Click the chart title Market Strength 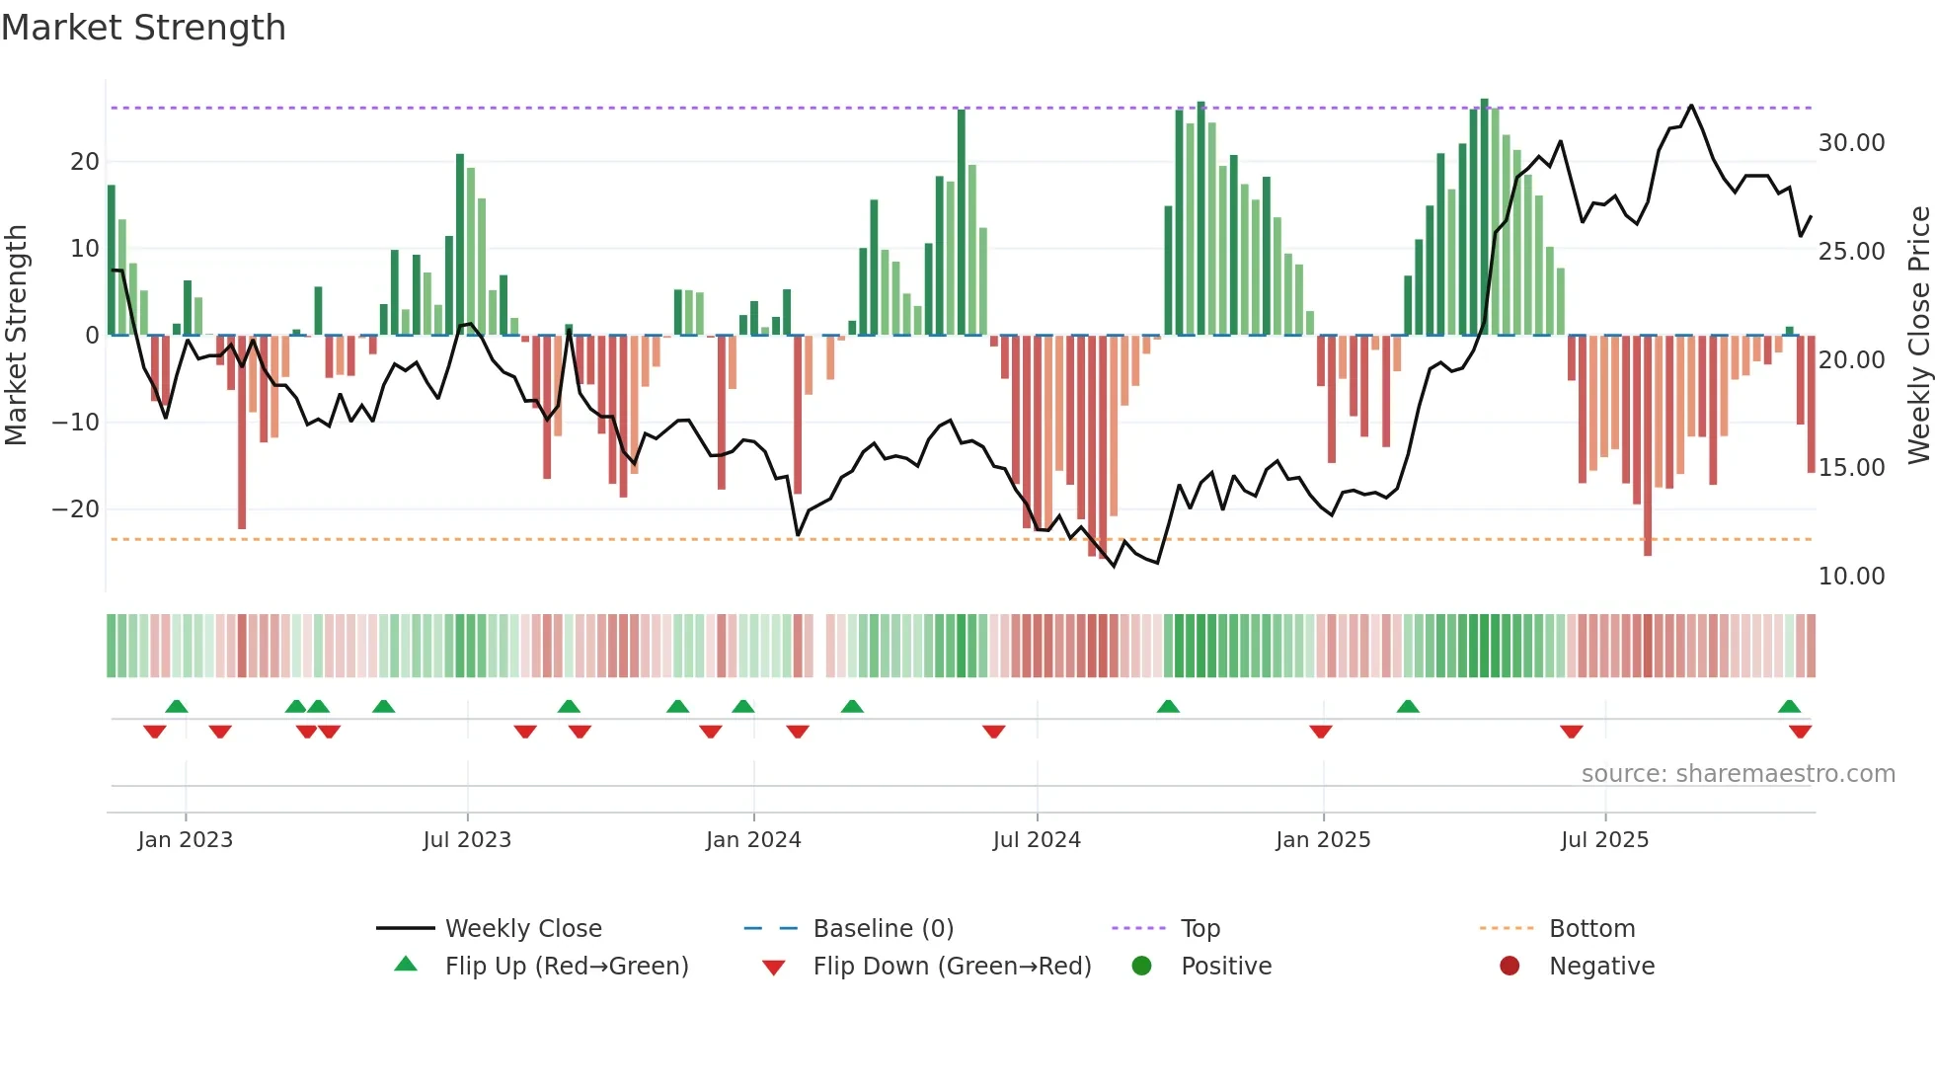coord(143,28)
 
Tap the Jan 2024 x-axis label coord(753,840)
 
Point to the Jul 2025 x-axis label coord(1604,840)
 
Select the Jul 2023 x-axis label coord(467,840)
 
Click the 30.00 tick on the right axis coord(1851,143)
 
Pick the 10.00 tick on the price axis coord(1851,577)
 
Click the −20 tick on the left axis coord(76,509)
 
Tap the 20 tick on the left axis coord(85,162)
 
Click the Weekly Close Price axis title coord(1918,336)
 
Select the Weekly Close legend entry coord(522,929)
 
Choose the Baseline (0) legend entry coord(883,929)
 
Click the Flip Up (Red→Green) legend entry coord(566,967)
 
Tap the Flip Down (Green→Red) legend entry coord(952,967)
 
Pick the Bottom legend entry coord(1591,929)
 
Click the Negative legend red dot coord(1509,967)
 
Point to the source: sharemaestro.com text coord(1738,774)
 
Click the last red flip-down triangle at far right coord(1800,732)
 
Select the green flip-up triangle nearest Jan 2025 coord(1408,706)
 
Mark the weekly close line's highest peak coord(1691,105)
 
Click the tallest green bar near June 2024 coord(962,222)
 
